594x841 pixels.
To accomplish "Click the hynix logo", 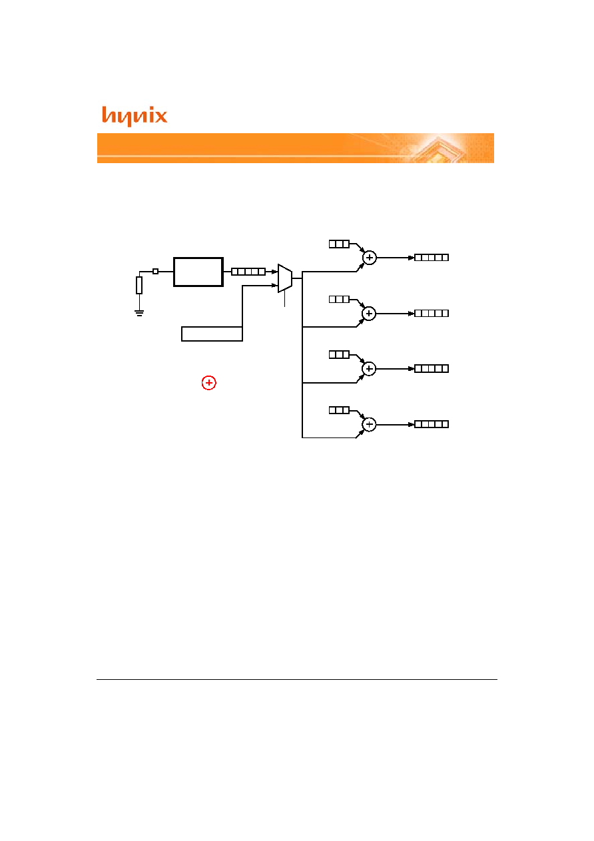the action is (x=135, y=116).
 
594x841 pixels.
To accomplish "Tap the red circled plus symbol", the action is (x=208, y=383).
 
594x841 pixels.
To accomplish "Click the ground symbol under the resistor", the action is (x=139, y=313).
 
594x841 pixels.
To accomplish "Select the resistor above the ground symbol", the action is (x=139, y=285).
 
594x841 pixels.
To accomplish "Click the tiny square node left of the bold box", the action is (x=155, y=271).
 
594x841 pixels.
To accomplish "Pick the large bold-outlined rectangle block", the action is (x=198, y=272).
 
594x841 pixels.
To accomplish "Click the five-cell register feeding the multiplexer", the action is (x=248, y=272).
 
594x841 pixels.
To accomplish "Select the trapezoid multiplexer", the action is (x=285, y=278).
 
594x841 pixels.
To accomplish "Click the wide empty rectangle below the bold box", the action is (x=212, y=334).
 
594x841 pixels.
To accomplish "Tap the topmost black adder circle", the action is (x=370, y=258).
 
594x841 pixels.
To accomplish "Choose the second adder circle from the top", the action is (x=369, y=314).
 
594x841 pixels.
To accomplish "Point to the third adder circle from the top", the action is (x=369, y=369).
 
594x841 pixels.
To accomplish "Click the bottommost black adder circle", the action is (x=369, y=424).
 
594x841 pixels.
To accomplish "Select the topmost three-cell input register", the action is (x=339, y=244).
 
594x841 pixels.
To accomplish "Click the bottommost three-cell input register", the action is (x=339, y=410).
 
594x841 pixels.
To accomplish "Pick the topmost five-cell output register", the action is (x=432, y=258).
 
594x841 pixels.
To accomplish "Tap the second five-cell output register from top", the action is (x=432, y=313).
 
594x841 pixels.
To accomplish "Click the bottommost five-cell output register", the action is (x=432, y=424).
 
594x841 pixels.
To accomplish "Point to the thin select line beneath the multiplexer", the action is (x=284, y=298).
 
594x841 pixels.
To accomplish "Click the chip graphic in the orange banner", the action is (x=440, y=150).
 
